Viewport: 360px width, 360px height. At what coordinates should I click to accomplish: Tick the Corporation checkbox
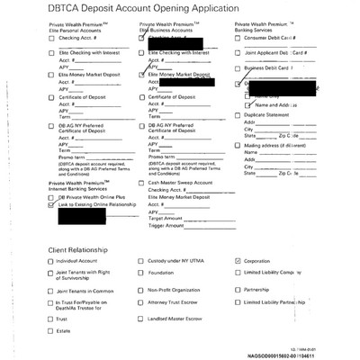[x=238, y=261]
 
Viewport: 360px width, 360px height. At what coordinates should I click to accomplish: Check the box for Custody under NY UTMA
[x=141, y=261]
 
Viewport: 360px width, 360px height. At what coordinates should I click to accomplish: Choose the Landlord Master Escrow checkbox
[x=141, y=319]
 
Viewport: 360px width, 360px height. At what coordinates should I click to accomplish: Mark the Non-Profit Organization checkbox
[x=141, y=290]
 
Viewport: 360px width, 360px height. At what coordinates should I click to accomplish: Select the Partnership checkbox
[x=238, y=290]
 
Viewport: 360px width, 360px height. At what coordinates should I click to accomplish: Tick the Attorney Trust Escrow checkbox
[x=141, y=304]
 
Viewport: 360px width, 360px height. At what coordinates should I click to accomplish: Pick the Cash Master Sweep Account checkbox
[x=141, y=183]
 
